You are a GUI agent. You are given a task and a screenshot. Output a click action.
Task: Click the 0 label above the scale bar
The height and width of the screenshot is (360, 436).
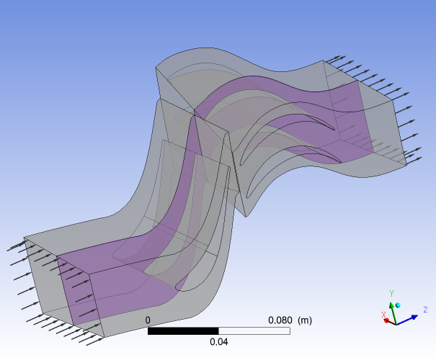148,320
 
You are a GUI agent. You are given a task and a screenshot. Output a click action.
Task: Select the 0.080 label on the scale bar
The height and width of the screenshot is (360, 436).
280,320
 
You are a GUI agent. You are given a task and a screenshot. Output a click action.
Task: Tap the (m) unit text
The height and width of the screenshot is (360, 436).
305,320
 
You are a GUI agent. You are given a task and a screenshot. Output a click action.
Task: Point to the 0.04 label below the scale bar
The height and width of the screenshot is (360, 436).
219,342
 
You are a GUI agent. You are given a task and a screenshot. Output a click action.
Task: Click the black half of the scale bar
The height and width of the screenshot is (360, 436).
183,330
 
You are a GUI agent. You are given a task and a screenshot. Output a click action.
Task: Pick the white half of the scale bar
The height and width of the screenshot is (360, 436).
254,330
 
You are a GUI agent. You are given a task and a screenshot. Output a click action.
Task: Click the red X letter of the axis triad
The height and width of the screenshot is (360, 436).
383,315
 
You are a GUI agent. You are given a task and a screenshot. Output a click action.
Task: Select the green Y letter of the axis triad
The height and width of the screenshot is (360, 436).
392,293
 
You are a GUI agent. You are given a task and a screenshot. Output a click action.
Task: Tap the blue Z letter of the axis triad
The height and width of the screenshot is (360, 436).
425,310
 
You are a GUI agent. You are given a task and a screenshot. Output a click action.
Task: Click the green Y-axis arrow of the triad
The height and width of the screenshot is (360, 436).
393,313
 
